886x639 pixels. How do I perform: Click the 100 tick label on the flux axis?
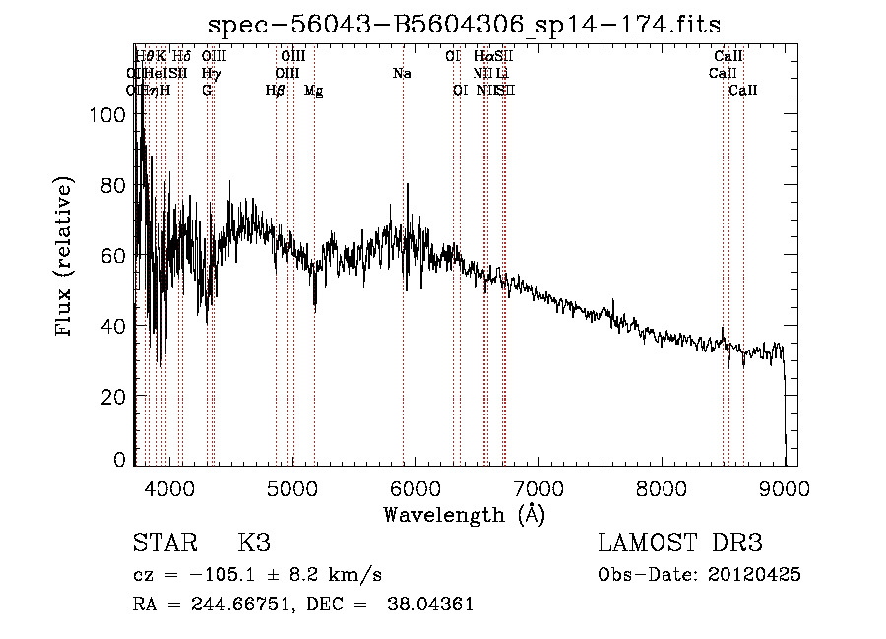(x=106, y=115)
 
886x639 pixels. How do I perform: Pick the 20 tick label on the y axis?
(x=112, y=397)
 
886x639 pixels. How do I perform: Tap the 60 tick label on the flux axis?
(x=112, y=256)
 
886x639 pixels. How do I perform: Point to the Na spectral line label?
(x=402, y=74)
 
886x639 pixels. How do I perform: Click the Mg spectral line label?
(x=313, y=91)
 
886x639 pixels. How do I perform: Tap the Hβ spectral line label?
(x=276, y=91)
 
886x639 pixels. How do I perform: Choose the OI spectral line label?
(x=460, y=91)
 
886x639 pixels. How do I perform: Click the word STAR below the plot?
(x=164, y=543)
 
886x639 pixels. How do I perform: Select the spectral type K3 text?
(x=254, y=543)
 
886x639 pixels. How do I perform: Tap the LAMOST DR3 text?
(x=680, y=543)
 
